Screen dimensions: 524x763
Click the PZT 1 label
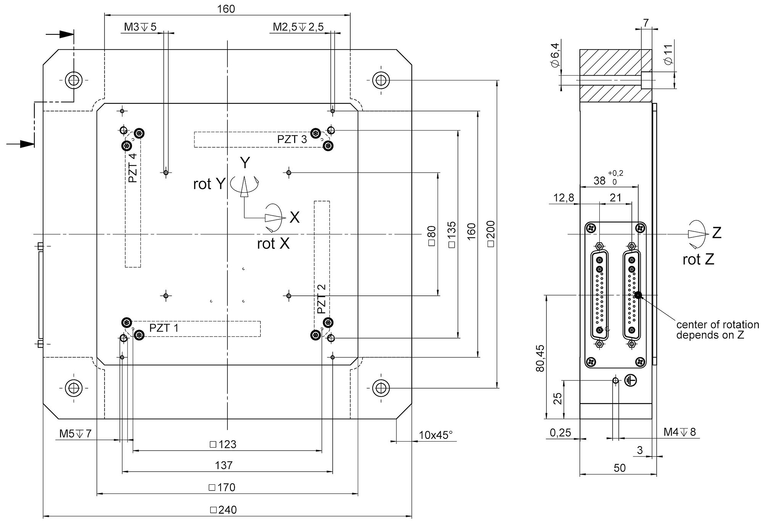(164, 328)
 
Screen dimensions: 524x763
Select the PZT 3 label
(292, 139)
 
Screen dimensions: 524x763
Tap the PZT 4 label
(133, 168)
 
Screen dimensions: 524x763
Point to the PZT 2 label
(322, 299)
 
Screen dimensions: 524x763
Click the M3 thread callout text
(140, 27)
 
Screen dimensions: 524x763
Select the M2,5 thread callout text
(298, 27)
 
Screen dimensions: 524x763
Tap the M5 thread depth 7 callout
(75, 434)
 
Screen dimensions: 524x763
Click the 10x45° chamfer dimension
(435, 435)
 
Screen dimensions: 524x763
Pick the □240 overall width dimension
(224, 510)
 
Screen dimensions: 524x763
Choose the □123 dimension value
(223, 444)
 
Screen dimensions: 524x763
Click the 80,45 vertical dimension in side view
(540, 358)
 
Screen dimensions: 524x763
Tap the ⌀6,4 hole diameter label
(555, 56)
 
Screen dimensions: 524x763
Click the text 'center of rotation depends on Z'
(717, 330)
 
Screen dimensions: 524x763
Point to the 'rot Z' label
(698, 260)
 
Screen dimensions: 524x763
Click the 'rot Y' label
(209, 184)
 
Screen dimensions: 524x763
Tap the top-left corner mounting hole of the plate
(73, 80)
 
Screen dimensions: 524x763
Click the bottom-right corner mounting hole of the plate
(380, 388)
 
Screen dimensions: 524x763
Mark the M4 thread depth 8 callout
(679, 432)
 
